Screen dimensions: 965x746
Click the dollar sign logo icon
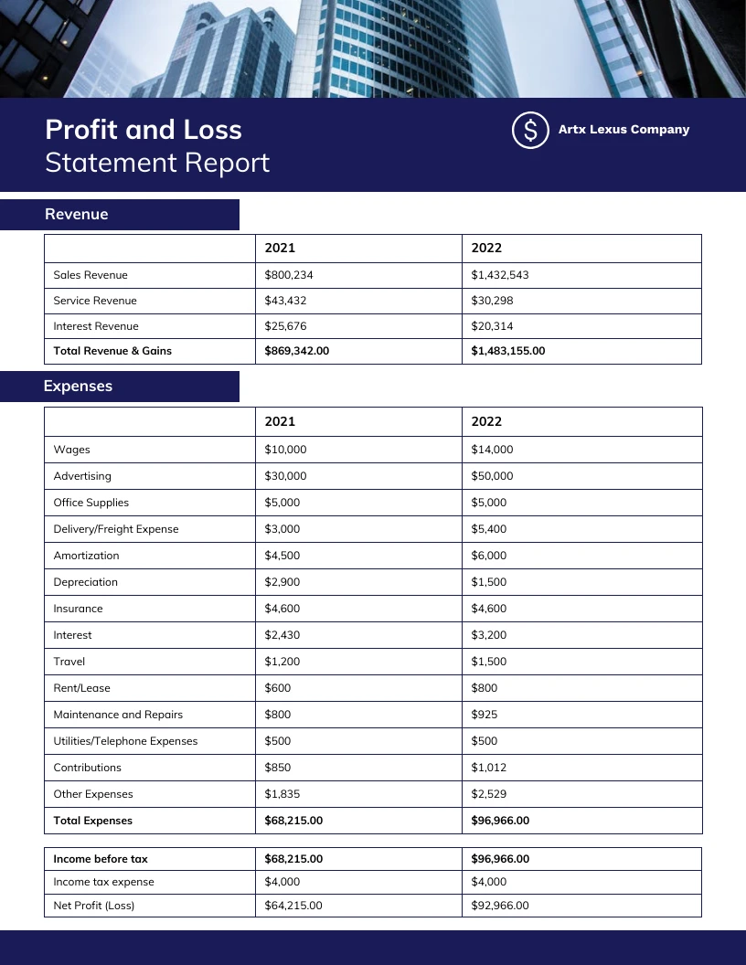coord(530,130)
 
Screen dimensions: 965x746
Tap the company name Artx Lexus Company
coord(623,130)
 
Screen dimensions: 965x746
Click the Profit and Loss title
coord(144,130)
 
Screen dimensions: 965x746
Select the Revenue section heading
coord(77,214)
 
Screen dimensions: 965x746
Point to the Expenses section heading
coord(78,386)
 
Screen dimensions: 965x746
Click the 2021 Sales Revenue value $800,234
coord(289,275)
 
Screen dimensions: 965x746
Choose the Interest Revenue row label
coord(96,326)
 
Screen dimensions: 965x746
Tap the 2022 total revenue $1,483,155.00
coord(507,351)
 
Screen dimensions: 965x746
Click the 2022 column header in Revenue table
coord(486,248)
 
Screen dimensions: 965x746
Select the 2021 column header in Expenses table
coord(280,421)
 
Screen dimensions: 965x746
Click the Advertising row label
coord(82,476)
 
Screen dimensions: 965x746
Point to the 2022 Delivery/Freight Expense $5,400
coord(488,529)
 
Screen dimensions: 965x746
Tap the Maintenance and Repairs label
coord(118,715)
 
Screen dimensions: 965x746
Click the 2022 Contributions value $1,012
coord(488,768)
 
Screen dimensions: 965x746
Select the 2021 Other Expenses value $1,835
coord(282,794)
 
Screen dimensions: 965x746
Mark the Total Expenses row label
coord(93,821)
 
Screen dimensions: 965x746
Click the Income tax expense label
coord(103,882)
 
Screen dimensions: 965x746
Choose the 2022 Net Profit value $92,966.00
coord(500,906)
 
